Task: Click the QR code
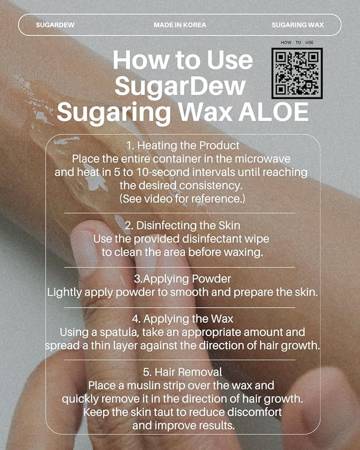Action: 297,73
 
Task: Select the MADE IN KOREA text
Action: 180,25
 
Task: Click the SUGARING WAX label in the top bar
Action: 297,25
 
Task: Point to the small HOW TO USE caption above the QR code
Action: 297,42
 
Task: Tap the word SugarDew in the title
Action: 180,86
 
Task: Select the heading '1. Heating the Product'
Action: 182,145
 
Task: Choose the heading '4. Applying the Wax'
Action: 182,320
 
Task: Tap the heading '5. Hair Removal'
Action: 182,372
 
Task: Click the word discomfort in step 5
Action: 251,412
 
